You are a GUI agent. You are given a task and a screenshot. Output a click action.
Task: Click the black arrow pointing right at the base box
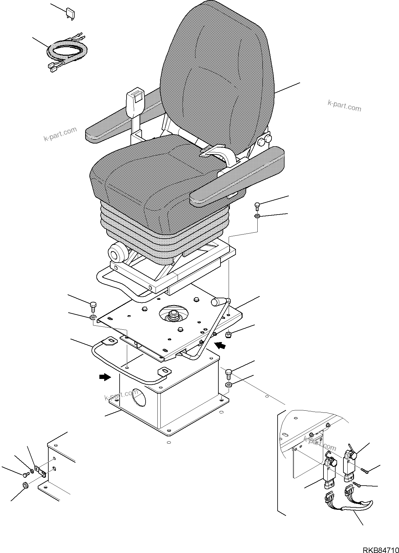(105, 377)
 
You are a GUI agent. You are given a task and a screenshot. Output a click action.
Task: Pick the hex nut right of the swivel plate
(229, 334)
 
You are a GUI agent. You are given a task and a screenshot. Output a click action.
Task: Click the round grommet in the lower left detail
(25, 493)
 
